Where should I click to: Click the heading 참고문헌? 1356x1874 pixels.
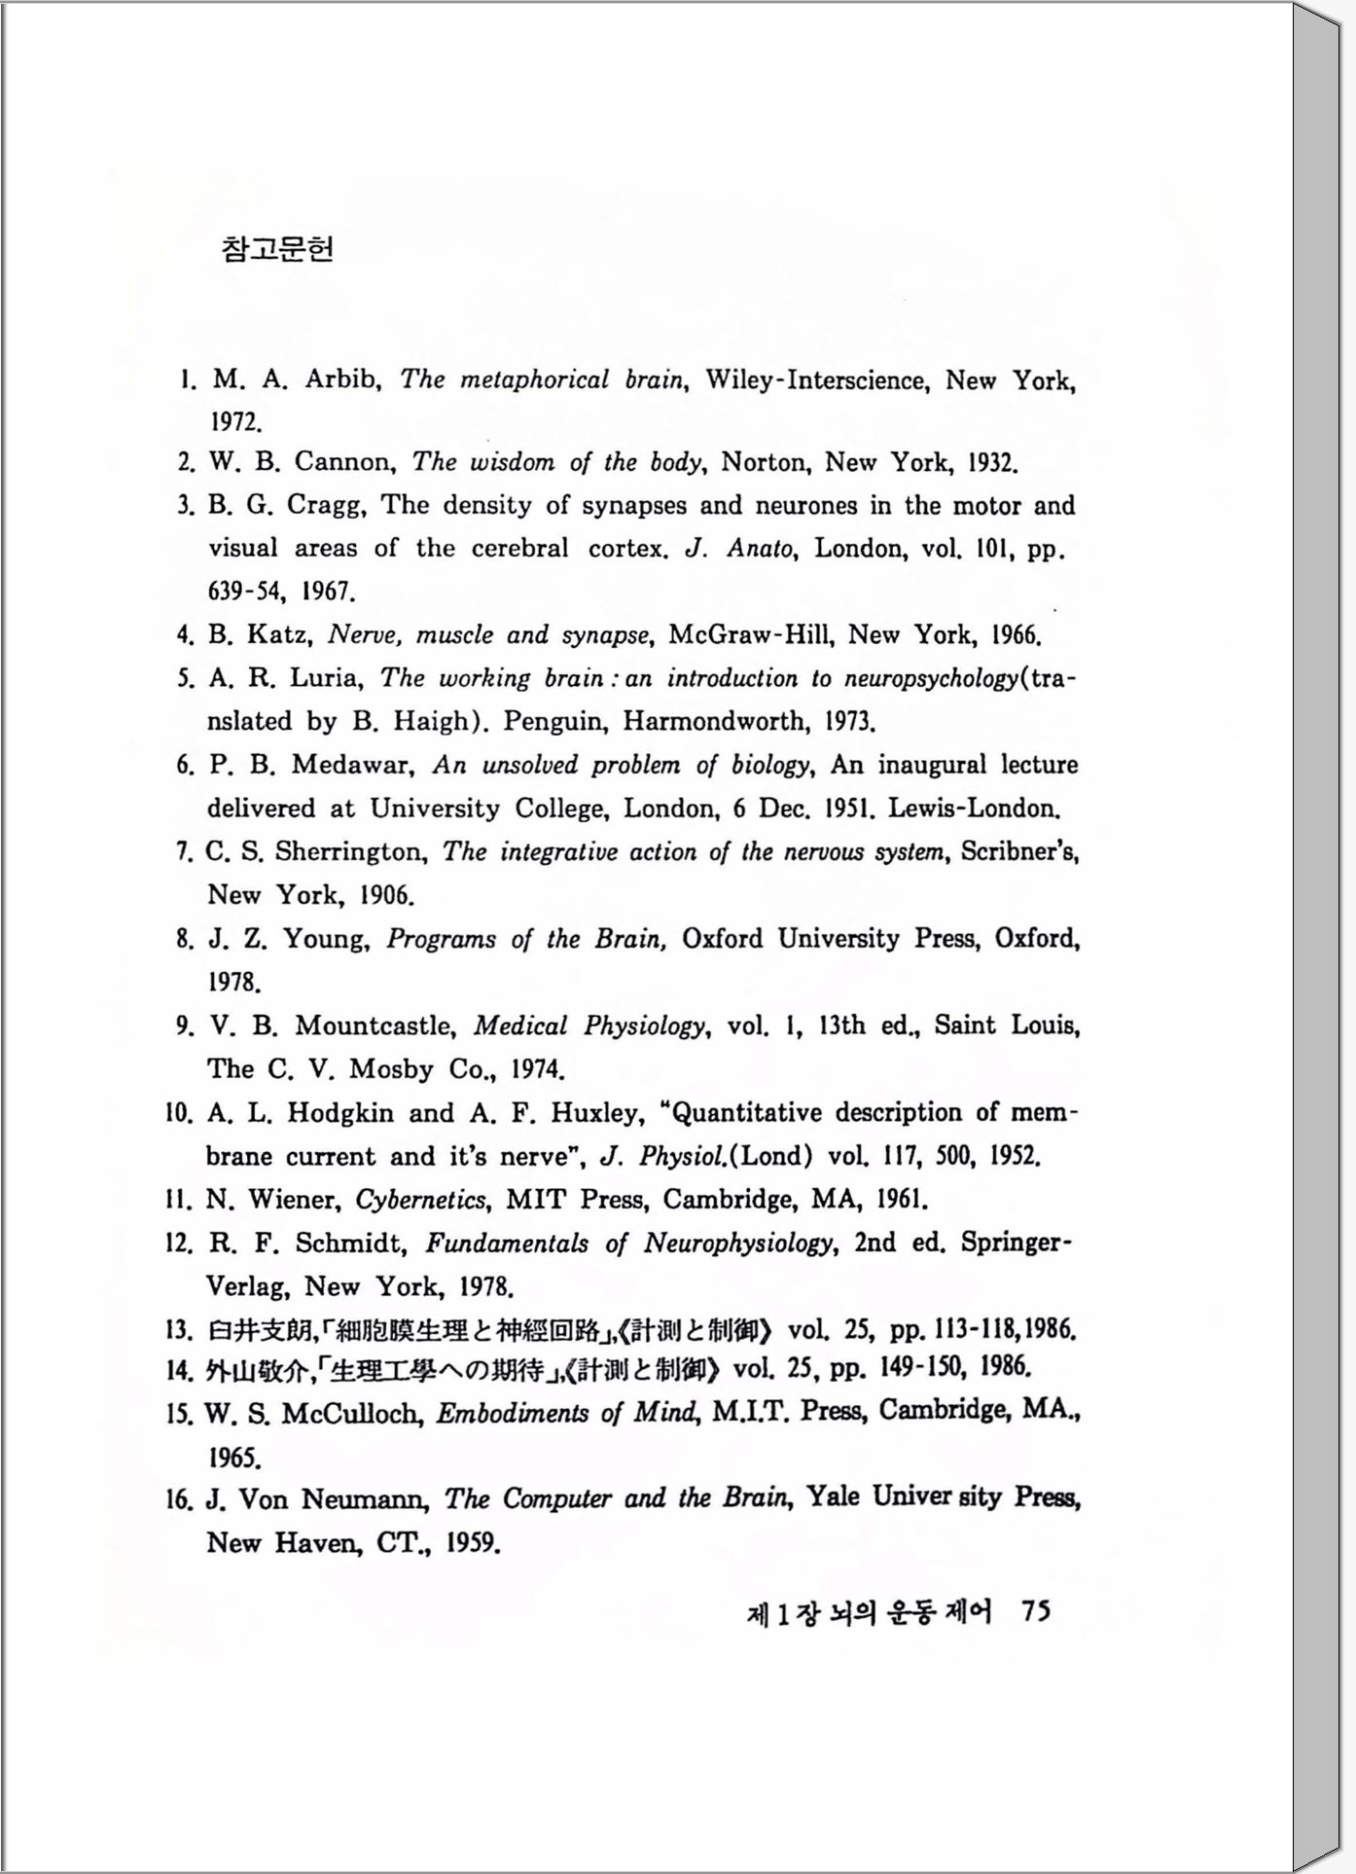(x=277, y=250)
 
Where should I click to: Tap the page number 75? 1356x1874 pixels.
(x=1035, y=1612)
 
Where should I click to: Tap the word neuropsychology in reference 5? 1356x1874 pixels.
(x=930, y=678)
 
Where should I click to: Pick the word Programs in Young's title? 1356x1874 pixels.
(x=441, y=939)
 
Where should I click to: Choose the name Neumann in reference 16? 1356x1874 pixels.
(x=366, y=1499)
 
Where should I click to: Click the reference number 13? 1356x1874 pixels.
(x=180, y=1329)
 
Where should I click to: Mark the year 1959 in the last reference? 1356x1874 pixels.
(x=473, y=1543)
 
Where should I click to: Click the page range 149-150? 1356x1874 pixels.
(x=914, y=1369)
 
